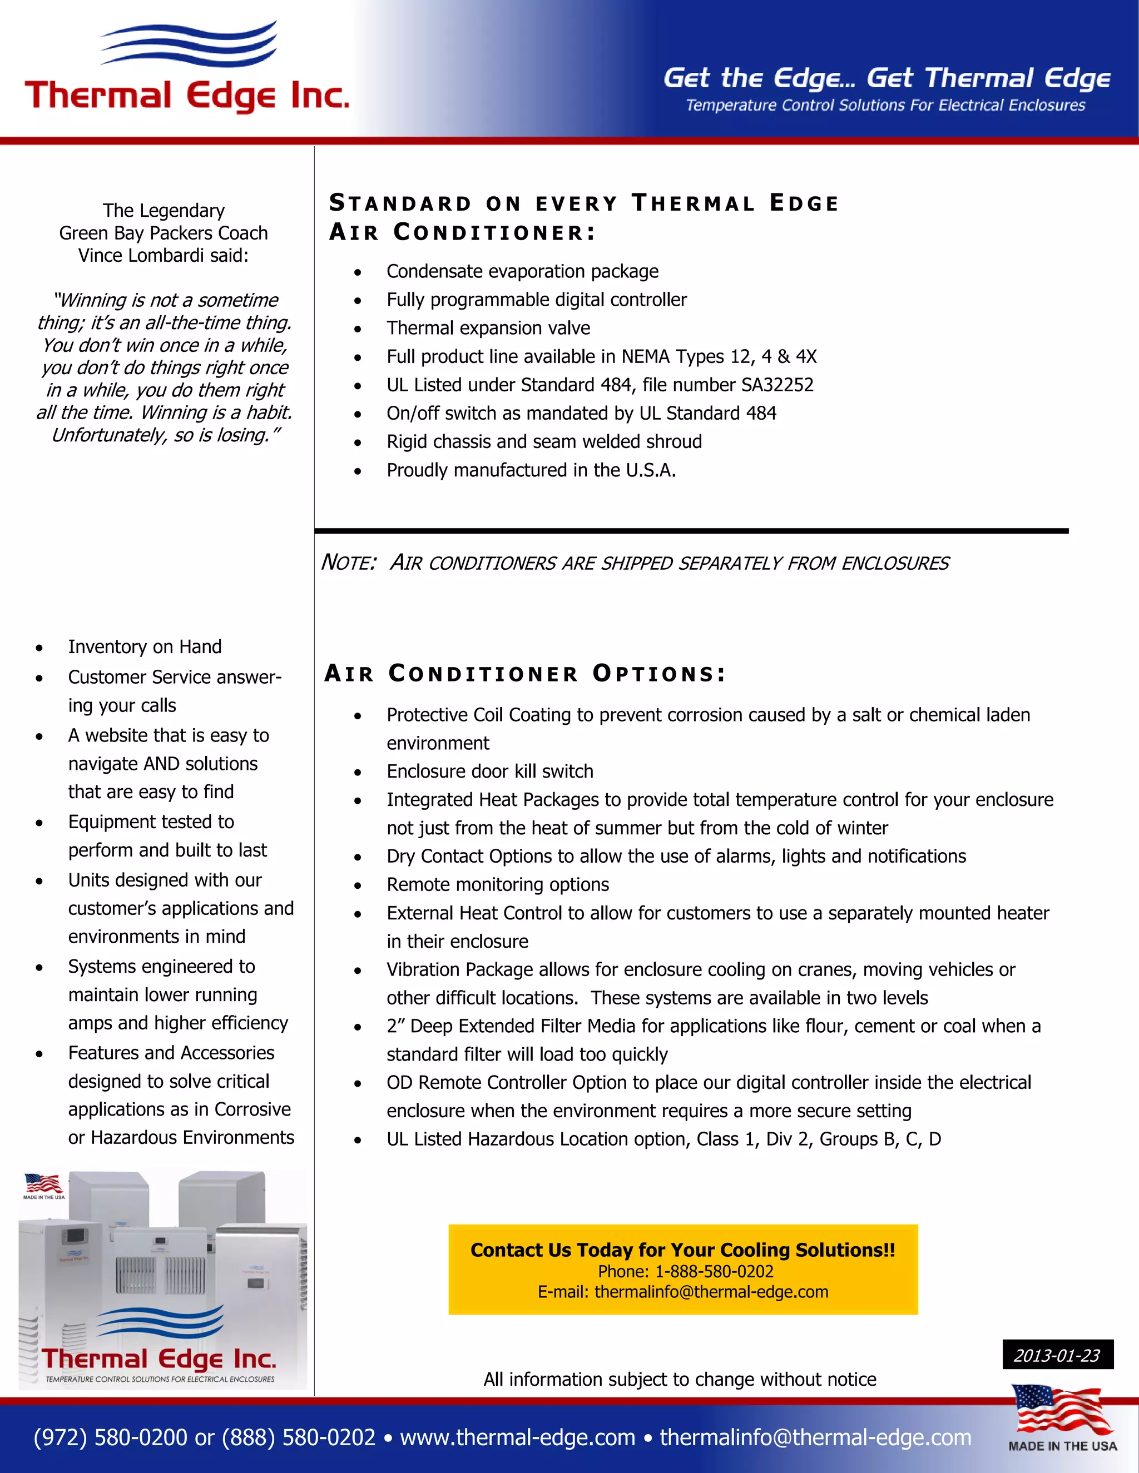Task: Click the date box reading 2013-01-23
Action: point(1057,1355)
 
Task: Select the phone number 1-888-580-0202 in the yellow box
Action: point(714,1271)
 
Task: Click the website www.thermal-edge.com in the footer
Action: point(518,1437)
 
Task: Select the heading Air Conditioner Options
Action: point(525,673)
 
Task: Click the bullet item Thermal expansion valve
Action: point(488,329)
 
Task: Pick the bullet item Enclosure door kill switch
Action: point(490,772)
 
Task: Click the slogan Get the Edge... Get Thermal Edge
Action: point(886,78)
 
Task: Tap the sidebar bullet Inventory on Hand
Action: point(145,647)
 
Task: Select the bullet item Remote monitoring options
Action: point(497,885)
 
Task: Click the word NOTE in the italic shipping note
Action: point(348,563)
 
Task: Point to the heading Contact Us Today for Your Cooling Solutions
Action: point(682,1250)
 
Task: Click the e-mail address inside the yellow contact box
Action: point(711,1292)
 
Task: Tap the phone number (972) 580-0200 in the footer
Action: point(111,1437)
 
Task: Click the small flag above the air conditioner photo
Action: point(44,1183)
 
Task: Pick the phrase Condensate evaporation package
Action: point(522,272)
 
